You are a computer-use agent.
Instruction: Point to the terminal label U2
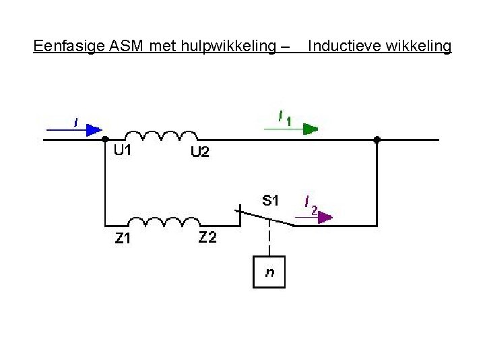[x=200, y=153]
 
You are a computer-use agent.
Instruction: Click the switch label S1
[x=271, y=200]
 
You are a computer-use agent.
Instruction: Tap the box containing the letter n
[x=269, y=272]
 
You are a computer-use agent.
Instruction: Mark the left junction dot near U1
[x=105, y=140]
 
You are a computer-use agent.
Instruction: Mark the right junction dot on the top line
[x=377, y=140]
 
